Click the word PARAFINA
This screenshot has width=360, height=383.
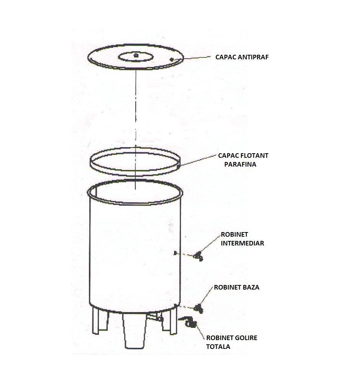click(240, 164)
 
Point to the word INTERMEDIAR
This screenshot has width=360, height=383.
click(242, 243)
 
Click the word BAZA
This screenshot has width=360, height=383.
click(251, 287)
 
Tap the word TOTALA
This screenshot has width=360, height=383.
click(218, 347)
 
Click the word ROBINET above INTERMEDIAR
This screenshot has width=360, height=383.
click(235, 234)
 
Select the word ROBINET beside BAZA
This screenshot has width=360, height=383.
click(227, 287)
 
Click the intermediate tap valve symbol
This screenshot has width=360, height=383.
click(198, 256)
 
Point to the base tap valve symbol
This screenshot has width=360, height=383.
click(199, 309)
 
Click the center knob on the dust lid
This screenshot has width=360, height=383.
click(136, 56)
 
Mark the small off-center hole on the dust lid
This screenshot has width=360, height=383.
click(172, 59)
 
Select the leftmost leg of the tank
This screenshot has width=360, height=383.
click(100, 321)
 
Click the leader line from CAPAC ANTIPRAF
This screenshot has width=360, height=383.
click(197, 58)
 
